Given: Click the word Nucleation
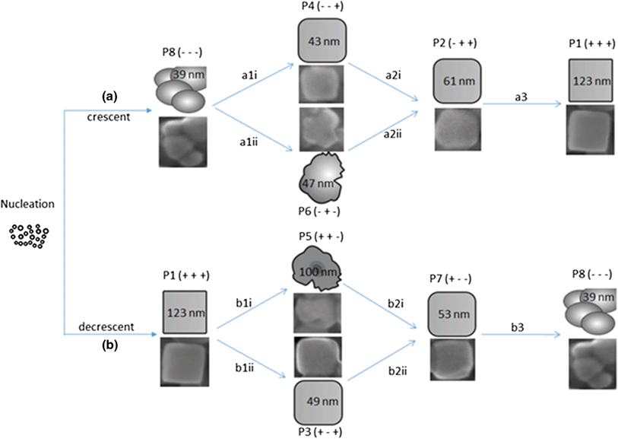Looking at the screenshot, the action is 27,204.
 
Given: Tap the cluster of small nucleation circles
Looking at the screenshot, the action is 28,236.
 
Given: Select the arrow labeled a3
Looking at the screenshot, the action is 521,103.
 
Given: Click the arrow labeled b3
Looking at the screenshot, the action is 521,335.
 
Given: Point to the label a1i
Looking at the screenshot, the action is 249,75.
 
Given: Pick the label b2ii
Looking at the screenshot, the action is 397,371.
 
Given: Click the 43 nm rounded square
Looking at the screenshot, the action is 322,40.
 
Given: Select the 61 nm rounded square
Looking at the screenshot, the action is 457,81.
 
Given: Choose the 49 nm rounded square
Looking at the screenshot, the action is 318,402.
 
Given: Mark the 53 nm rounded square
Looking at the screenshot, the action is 452,314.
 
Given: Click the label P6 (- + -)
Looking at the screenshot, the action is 319,212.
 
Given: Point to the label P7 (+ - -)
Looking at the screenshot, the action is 451,279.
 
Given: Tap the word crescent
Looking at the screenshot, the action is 109,117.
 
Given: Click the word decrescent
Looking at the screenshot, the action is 106,326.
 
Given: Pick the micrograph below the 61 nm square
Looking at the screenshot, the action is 458,129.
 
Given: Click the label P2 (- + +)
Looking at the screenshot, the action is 455,43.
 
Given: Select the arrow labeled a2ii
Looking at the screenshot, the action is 382,131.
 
